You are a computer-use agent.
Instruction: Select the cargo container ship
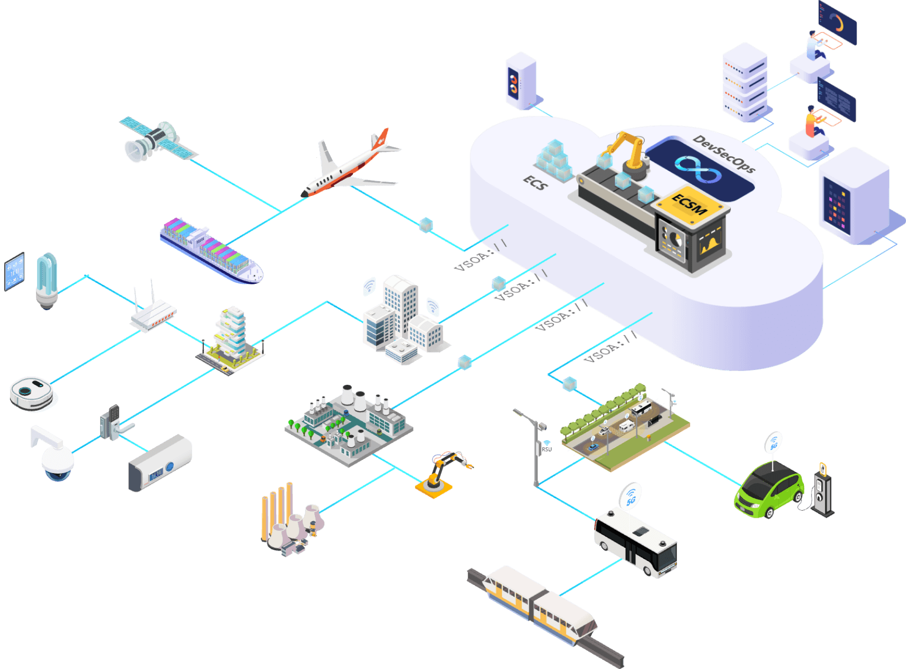click(x=211, y=250)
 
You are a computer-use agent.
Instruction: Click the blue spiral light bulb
click(x=47, y=280)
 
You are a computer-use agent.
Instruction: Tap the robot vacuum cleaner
click(x=31, y=393)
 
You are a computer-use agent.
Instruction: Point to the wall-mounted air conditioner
click(x=160, y=463)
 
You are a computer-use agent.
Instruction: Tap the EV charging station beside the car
click(x=822, y=490)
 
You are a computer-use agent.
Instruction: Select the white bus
click(x=635, y=544)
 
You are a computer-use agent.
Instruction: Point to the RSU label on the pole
click(x=546, y=449)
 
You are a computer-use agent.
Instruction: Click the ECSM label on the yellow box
click(x=690, y=204)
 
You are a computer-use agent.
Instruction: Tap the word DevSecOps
click(x=724, y=153)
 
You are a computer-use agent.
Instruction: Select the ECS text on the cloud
click(x=536, y=183)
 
